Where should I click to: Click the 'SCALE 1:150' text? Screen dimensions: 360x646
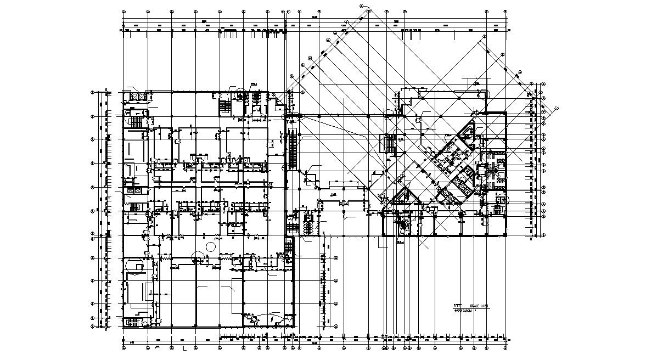click(x=475, y=305)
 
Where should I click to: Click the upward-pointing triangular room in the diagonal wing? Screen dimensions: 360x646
click(x=406, y=196)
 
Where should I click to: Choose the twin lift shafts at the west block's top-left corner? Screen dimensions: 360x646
click(x=135, y=97)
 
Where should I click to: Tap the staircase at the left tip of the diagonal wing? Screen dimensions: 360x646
click(x=389, y=144)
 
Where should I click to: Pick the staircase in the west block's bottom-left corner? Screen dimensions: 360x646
click(x=133, y=321)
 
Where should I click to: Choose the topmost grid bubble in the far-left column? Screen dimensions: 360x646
click(x=93, y=92)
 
